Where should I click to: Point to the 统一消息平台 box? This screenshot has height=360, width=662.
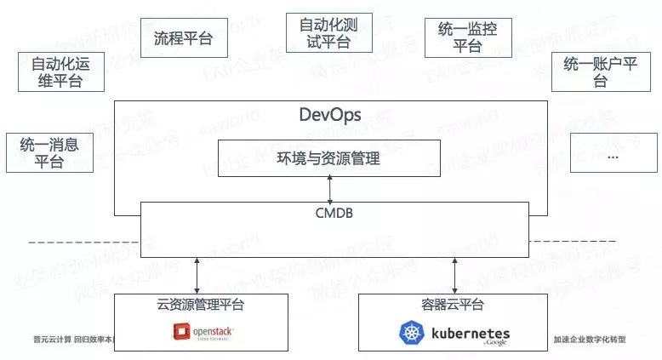(x=43, y=152)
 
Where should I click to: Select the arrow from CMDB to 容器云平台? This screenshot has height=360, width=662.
(x=454, y=276)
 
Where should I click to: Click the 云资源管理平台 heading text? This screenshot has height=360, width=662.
(x=197, y=305)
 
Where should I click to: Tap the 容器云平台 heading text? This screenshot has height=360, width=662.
(x=454, y=305)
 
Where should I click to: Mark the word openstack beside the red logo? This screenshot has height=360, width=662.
(x=208, y=331)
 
